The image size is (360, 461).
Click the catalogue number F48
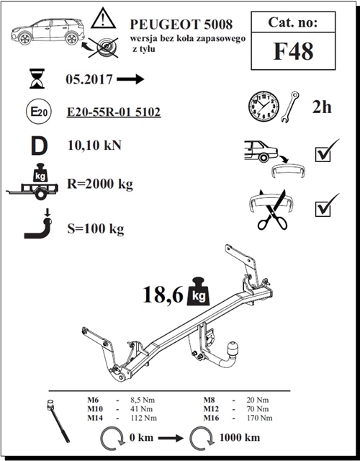[293, 51]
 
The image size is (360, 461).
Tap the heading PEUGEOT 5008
[181, 24]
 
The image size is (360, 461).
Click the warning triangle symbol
[103, 18]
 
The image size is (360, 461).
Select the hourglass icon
[37, 79]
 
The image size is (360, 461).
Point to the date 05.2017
[89, 79]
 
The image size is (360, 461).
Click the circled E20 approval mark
[39, 112]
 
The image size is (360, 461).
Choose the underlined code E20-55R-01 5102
[114, 112]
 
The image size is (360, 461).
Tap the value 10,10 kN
[94, 146]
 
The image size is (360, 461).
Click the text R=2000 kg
[100, 184]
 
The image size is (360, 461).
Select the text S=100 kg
[96, 229]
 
